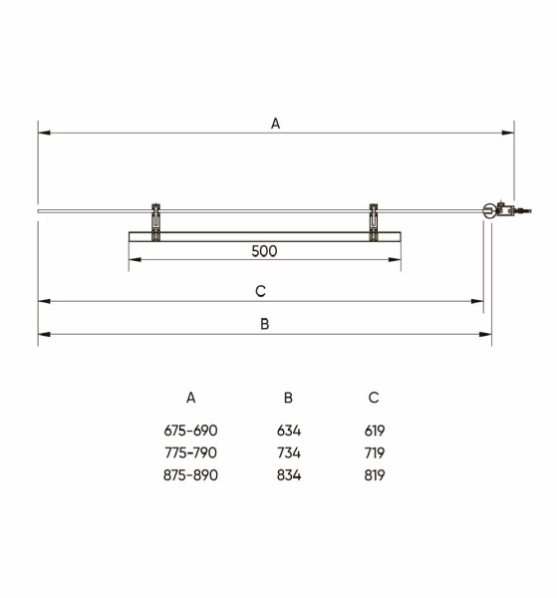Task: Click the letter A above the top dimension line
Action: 275,124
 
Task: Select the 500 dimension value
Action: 264,251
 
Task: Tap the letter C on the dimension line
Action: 260,291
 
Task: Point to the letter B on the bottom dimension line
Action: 265,324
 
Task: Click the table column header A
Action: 191,398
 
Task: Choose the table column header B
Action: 288,398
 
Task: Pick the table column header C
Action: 374,398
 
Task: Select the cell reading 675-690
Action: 190,431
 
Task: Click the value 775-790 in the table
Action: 190,452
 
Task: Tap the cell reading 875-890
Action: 190,475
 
